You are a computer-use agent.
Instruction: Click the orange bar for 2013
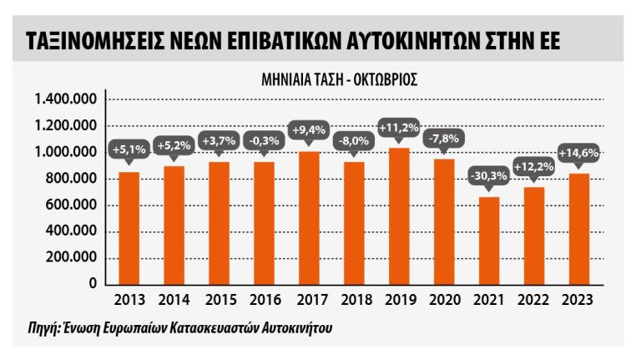coord(129,227)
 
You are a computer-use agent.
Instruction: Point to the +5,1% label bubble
coord(129,150)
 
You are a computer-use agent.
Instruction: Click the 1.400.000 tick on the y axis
coord(68,99)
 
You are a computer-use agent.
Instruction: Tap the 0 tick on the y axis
coord(96,284)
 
